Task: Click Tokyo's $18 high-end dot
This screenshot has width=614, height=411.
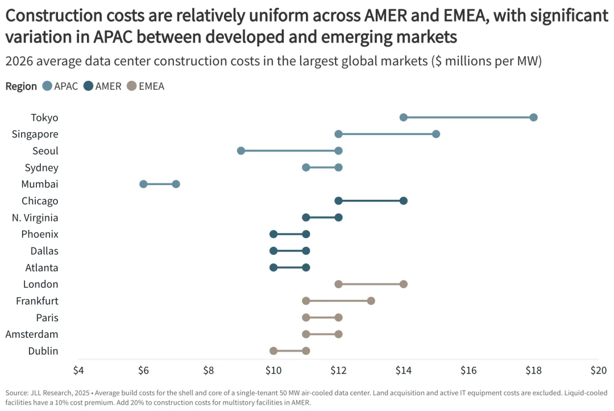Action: click(x=533, y=118)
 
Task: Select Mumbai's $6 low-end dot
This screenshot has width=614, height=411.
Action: click(x=143, y=184)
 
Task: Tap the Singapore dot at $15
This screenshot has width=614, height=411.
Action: click(x=436, y=134)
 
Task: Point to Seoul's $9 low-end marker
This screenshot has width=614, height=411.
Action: click(x=241, y=150)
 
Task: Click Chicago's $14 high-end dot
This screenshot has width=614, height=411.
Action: click(x=404, y=200)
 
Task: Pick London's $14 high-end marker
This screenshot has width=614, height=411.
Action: click(x=404, y=284)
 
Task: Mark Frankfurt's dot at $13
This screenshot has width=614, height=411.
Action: click(x=371, y=300)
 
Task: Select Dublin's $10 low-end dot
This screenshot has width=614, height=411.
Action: click(x=273, y=350)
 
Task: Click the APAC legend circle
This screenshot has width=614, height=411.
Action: click(x=48, y=86)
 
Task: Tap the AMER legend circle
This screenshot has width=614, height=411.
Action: click(x=89, y=86)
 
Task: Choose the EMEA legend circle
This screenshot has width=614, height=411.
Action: click(x=132, y=86)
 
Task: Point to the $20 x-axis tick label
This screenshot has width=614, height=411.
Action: click(x=598, y=370)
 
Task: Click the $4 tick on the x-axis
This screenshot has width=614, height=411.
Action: click(x=78, y=370)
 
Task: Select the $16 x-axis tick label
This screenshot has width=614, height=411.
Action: click(x=468, y=370)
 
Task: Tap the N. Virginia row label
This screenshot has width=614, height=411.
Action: click(x=35, y=217)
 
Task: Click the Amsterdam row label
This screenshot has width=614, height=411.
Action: click(x=32, y=334)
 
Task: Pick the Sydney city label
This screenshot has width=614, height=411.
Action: click(x=42, y=167)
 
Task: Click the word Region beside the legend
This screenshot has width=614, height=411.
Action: click(x=21, y=86)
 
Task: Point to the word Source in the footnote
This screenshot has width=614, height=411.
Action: click(x=17, y=393)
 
